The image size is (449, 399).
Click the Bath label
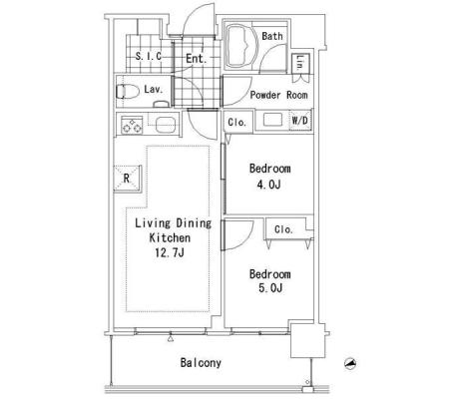click(x=272, y=36)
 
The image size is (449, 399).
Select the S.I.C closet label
click(x=149, y=56)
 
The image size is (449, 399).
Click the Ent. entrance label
click(x=197, y=59)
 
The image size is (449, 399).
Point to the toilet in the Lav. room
click(x=128, y=92)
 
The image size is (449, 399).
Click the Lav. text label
click(x=154, y=89)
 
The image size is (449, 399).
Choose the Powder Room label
click(x=278, y=95)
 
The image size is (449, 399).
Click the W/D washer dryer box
click(x=300, y=121)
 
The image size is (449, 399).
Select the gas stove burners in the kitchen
click(x=132, y=125)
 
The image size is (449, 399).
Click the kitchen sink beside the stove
click(x=165, y=125)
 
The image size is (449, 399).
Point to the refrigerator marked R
click(x=127, y=179)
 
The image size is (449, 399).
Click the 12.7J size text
click(x=170, y=253)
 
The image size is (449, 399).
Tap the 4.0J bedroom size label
click(x=268, y=184)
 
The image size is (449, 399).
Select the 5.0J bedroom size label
click(x=270, y=288)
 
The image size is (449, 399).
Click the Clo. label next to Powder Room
click(x=237, y=123)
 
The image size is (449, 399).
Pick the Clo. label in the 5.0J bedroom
click(x=283, y=229)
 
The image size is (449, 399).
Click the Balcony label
click(x=201, y=363)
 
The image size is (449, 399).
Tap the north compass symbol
click(x=350, y=364)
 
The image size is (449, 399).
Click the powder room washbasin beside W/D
click(x=272, y=120)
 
